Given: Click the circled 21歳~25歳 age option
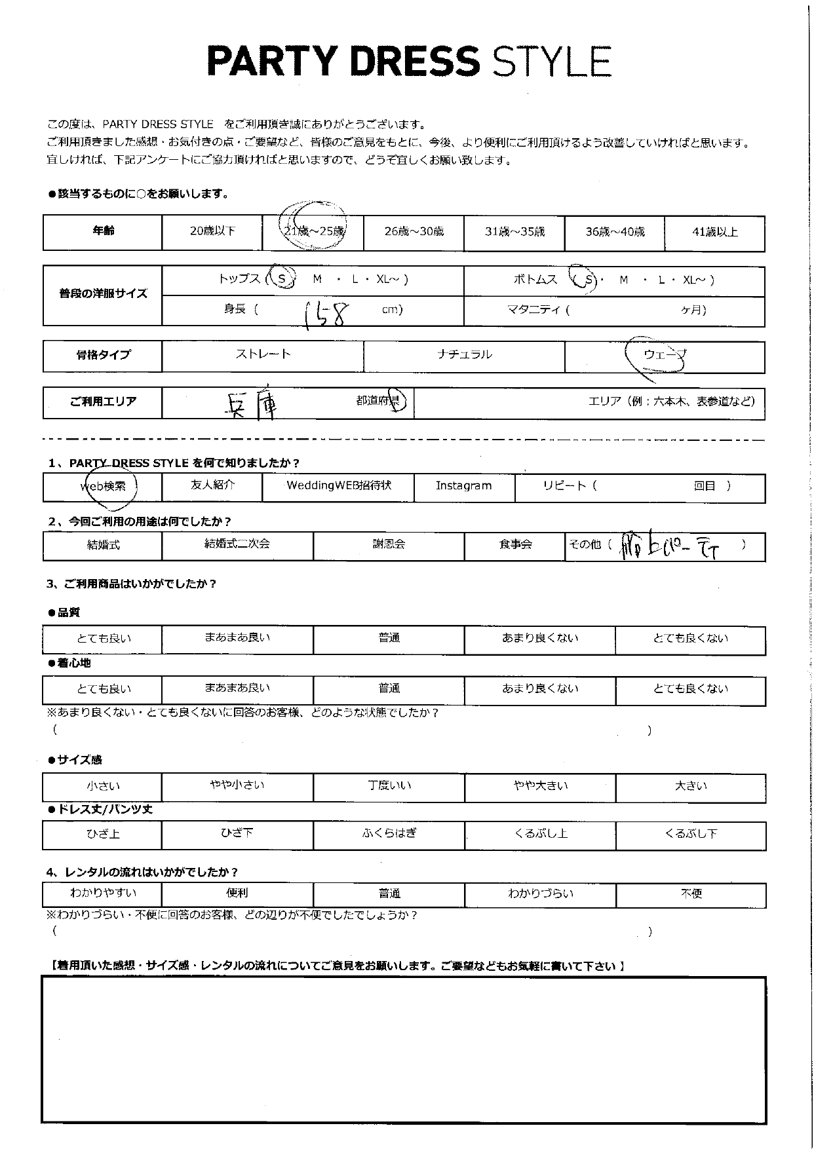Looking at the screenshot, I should click(x=313, y=231).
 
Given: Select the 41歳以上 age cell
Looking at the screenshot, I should click(x=714, y=232).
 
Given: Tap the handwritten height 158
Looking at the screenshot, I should click(x=323, y=313).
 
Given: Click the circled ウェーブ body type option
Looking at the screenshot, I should click(x=664, y=355).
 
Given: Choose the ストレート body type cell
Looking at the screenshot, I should click(x=263, y=354).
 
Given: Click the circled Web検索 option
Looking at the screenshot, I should click(x=103, y=487).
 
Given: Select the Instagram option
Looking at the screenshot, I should click(x=463, y=486).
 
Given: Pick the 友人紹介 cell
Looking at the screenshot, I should click(x=212, y=485).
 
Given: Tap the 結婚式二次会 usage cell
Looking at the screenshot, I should click(x=237, y=544).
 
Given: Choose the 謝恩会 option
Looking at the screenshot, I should click(x=389, y=544).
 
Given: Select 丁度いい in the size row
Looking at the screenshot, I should click(x=389, y=785).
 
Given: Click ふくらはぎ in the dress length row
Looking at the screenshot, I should click(x=389, y=834).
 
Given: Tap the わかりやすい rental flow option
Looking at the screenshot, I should click(x=102, y=893).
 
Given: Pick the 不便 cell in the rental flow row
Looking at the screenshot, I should click(x=691, y=894).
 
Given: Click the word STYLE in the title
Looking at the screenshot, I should click(x=551, y=62).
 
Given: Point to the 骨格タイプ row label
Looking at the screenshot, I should click(x=103, y=355).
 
